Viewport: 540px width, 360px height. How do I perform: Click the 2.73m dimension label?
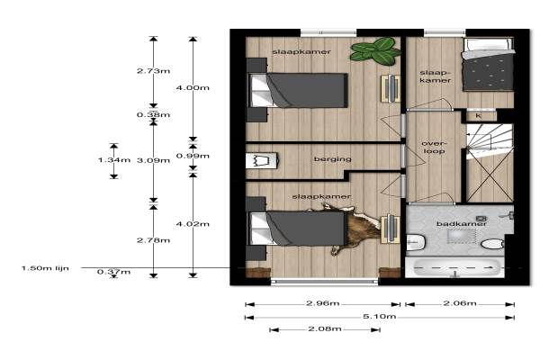point(153,71)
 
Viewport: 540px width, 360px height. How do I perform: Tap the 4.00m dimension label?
point(193,88)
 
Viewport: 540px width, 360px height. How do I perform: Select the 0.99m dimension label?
point(193,156)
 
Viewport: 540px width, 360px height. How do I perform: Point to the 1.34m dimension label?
point(114,160)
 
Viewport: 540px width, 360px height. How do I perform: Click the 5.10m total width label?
point(379,316)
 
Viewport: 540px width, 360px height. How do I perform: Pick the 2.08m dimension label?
point(325,329)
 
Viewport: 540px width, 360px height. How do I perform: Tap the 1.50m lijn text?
point(45,268)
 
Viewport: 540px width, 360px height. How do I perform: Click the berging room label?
point(333,159)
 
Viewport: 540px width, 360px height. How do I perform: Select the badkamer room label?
point(462,224)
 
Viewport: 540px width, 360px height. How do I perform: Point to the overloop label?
point(435,147)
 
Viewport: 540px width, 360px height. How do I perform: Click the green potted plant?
point(375,51)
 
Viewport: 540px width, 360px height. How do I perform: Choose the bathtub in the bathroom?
point(454,267)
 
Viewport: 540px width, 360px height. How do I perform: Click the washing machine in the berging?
point(261,160)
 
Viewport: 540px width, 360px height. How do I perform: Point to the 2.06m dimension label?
point(460,303)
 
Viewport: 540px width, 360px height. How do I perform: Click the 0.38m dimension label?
point(153,114)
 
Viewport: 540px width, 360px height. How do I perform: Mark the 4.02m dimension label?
point(193,224)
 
